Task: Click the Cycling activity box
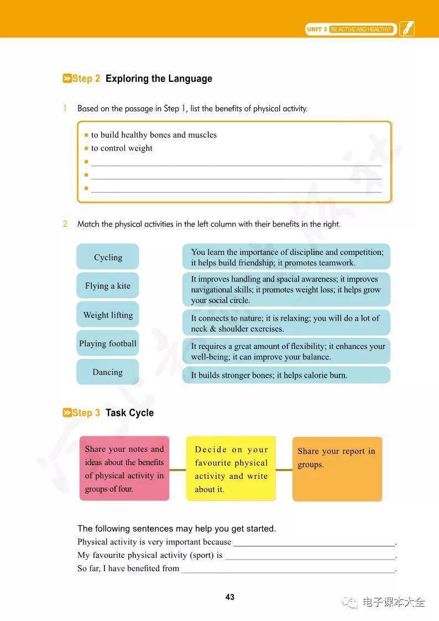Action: (108, 257)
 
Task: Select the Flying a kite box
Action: (108, 286)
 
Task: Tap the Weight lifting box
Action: (108, 315)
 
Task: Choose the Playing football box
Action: (108, 343)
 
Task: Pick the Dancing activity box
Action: (108, 372)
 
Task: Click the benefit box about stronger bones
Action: (286, 375)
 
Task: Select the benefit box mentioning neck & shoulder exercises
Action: (286, 323)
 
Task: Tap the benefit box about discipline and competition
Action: (286, 257)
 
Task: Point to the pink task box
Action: (124, 468)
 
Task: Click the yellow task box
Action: (231, 469)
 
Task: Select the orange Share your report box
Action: (337, 469)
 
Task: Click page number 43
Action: (230, 597)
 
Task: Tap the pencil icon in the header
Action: (407, 29)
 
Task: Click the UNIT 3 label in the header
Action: (317, 29)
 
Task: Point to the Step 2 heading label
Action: (82, 79)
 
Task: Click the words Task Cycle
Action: (129, 413)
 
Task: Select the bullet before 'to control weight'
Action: (86, 148)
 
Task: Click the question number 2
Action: (65, 224)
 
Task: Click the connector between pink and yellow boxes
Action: (177, 470)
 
